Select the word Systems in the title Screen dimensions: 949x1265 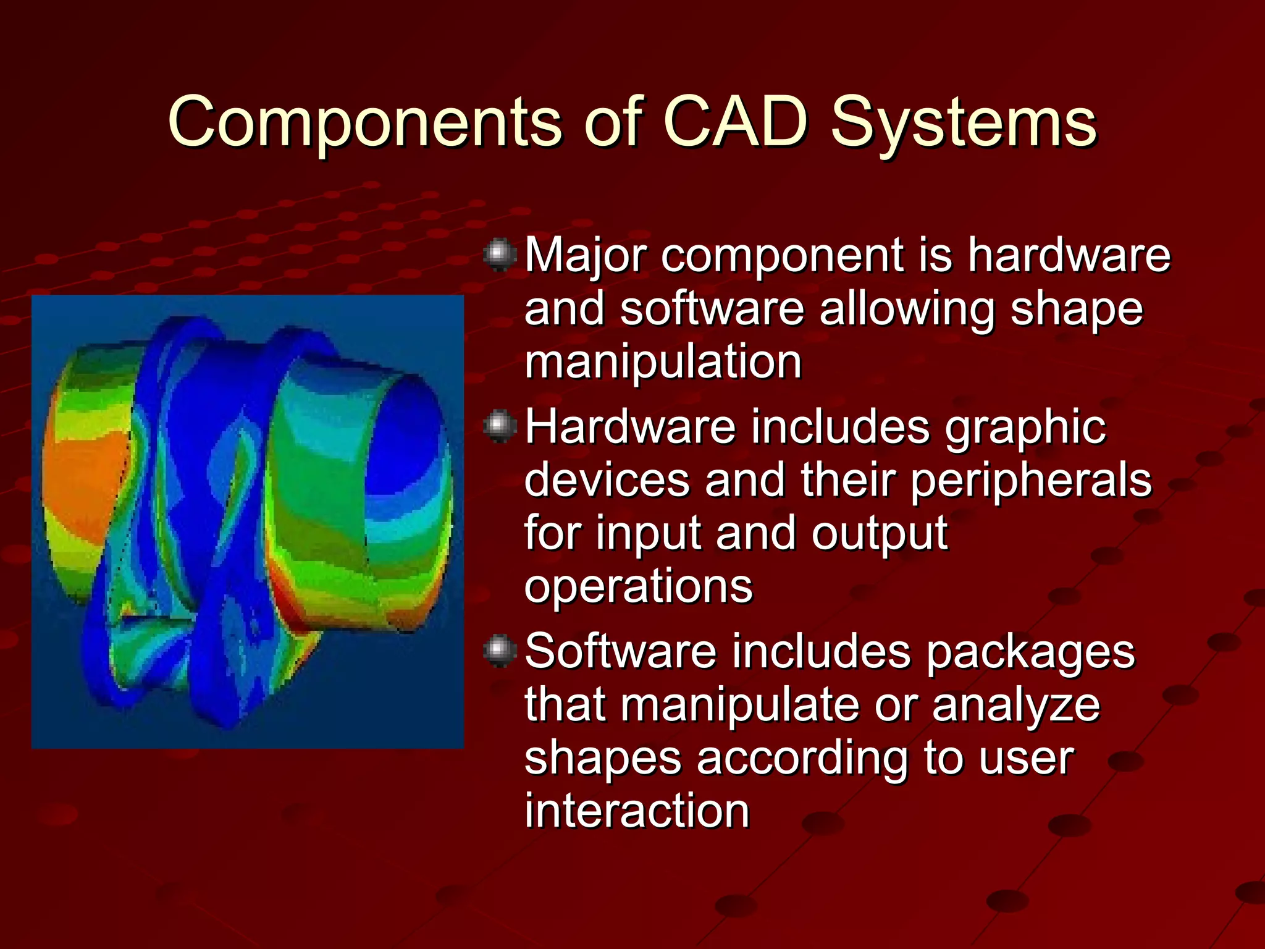pyautogui.click(x=964, y=124)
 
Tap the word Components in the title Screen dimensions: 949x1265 pyautogui.click(x=364, y=124)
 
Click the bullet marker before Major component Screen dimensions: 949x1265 pyautogui.click(x=500, y=255)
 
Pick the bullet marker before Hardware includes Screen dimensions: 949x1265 pyautogui.click(x=500, y=427)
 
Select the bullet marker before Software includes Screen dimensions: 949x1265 pyautogui.click(x=500, y=651)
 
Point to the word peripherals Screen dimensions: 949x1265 pyautogui.click(x=1031, y=481)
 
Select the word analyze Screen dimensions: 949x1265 pyautogui.click(x=1016, y=706)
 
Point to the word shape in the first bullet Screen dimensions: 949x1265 pyautogui.click(x=1077, y=310)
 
